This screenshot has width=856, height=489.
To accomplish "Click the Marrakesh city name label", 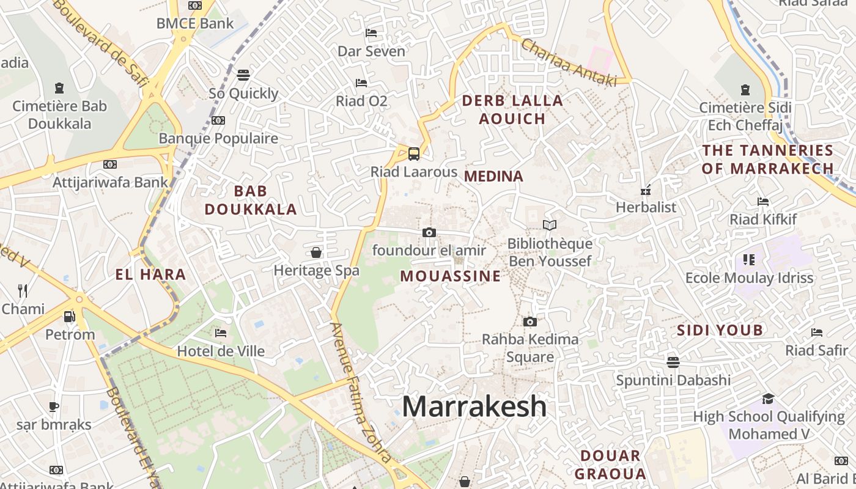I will pos(474,406).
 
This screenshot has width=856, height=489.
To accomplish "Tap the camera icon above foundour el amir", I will pos(429,232).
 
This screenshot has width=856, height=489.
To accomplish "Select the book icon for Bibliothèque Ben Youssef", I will pos(550,226).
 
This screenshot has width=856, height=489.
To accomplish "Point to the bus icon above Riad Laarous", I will pos(414,153).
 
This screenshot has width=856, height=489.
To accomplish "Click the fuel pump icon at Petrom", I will pos(70,316).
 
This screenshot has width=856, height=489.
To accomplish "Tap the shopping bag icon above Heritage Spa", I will pos(316,252).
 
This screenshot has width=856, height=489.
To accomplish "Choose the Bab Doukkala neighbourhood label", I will pos(251,200).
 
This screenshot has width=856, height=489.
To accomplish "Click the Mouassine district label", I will pos(451,276).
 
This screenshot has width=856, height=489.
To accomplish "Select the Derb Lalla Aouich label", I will pos(512,109).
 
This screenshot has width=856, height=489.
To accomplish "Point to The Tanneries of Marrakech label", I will pos(767,159).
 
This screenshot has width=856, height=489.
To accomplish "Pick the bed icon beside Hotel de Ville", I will pos(221,333).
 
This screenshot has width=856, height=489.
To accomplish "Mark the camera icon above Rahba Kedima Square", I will pos(530,322).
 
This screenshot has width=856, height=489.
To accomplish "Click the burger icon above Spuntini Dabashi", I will pos(673,362).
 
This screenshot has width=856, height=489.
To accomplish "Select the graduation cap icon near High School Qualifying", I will pos(768,399).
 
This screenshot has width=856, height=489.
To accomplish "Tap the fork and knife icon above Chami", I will pos(23,290).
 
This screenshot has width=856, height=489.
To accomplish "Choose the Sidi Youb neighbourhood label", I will pos(720,331).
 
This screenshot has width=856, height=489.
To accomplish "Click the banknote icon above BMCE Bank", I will pos(195,6).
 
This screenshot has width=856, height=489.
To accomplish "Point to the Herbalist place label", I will pos(646,207).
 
